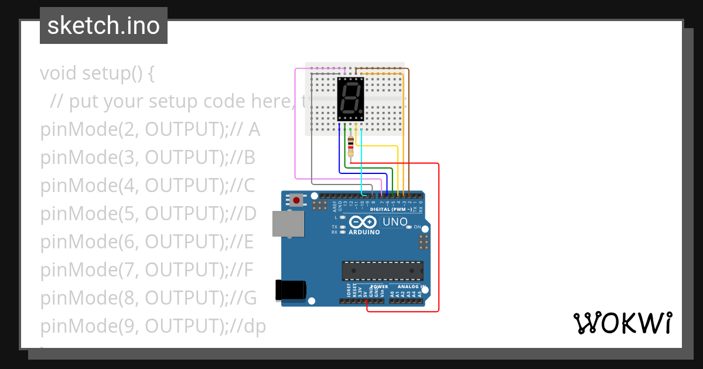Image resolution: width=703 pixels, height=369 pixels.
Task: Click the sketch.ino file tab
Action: [x=104, y=26]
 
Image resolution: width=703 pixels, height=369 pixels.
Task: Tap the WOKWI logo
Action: [x=622, y=323]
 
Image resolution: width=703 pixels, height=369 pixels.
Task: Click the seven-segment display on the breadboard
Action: [x=351, y=99]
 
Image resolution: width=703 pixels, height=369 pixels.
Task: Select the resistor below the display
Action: [x=350, y=143]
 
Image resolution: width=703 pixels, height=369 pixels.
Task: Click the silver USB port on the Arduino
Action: [x=288, y=224]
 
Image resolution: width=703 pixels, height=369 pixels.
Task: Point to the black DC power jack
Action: [x=291, y=289]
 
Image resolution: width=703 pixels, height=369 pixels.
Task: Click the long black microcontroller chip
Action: [x=383, y=271]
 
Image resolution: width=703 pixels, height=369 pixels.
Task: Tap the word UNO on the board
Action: [x=394, y=222]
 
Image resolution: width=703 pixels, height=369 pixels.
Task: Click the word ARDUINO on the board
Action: [x=364, y=232]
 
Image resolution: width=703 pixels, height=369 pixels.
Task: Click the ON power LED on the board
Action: [x=410, y=227]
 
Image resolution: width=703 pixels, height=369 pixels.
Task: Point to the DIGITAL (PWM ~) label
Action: [x=391, y=209]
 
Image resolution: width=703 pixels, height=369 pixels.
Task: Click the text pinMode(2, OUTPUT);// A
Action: [x=150, y=129]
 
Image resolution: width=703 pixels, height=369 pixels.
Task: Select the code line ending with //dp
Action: [x=153, y=326]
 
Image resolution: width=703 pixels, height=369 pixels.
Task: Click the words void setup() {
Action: [x=97, y=73]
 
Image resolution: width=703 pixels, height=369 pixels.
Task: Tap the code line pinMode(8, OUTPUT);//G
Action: [x=149, y=298]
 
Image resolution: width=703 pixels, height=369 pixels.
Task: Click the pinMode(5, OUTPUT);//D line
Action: [x=148, y=214]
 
